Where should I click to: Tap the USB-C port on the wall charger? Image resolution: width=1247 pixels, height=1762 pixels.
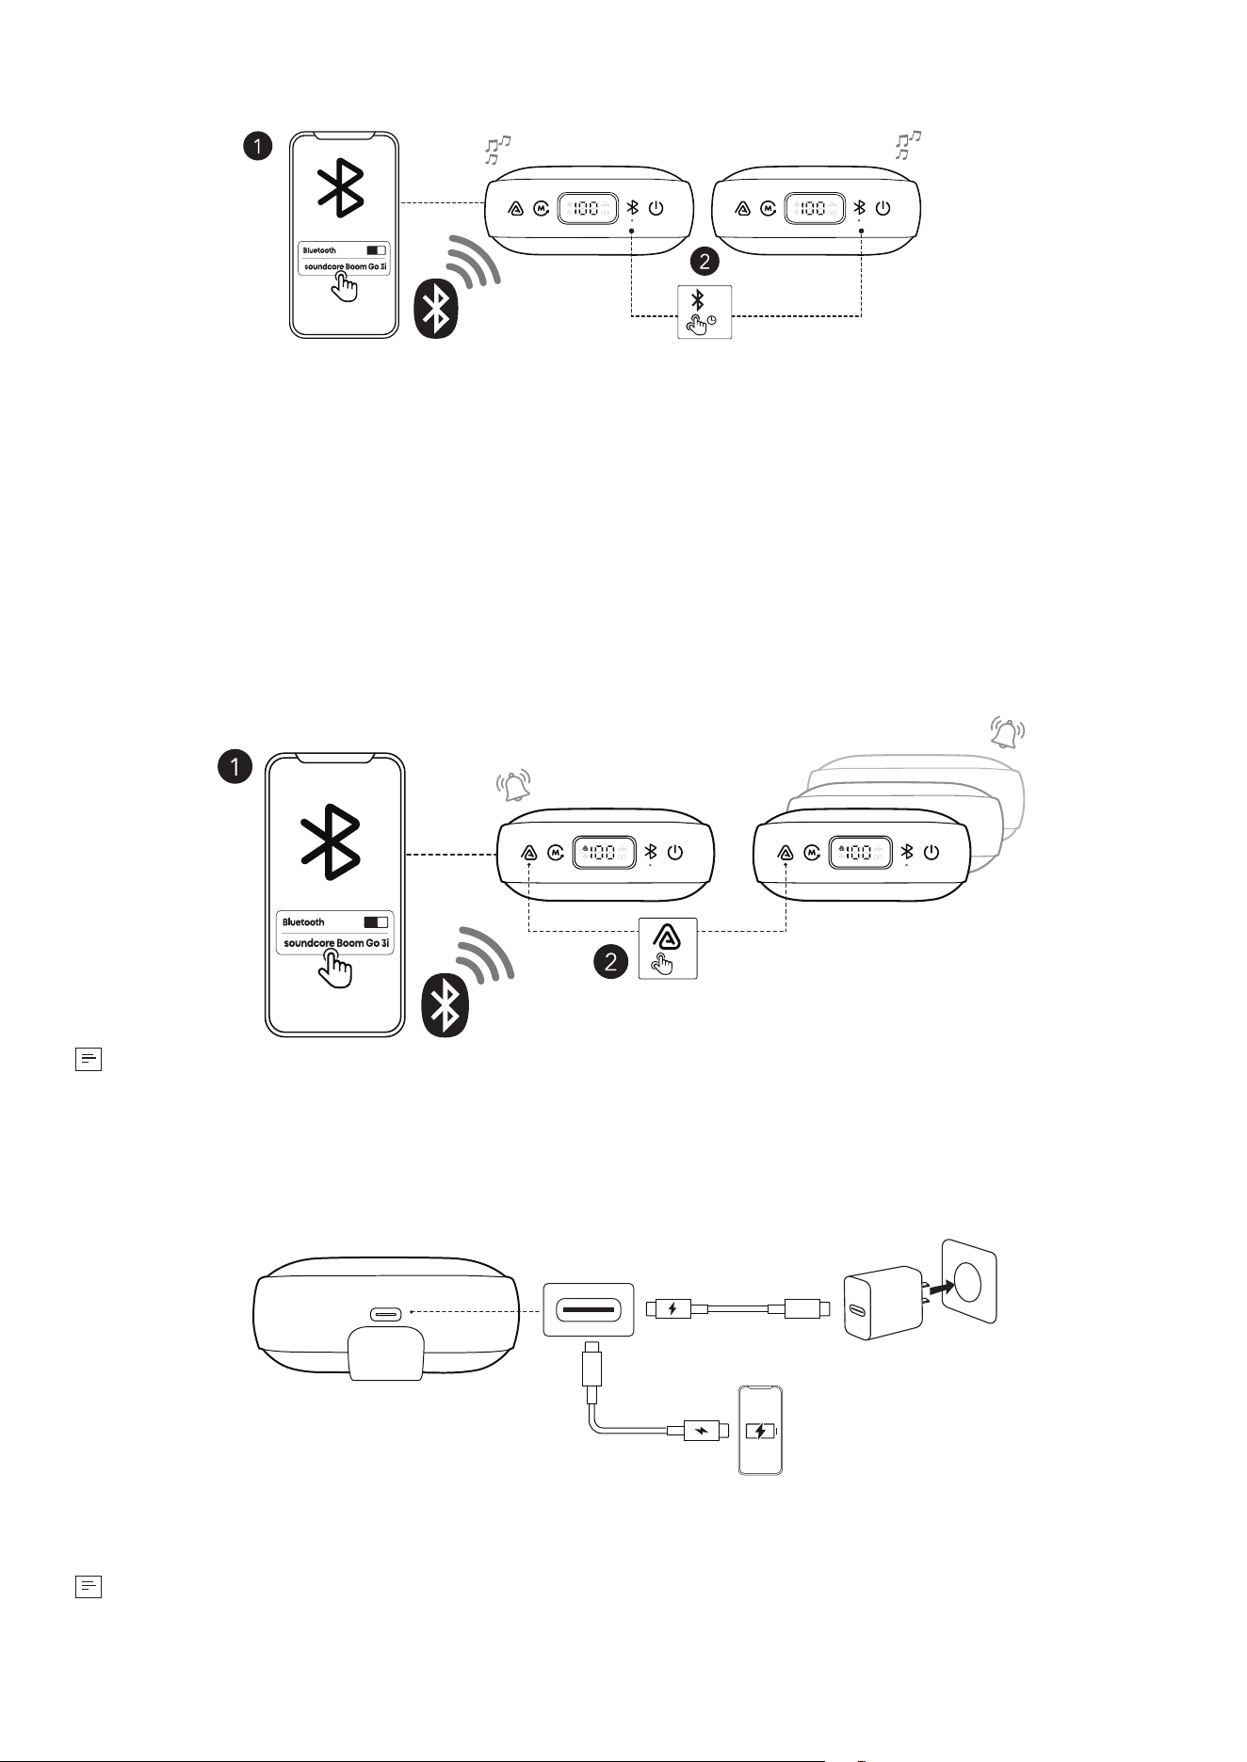(x=858, y=1310)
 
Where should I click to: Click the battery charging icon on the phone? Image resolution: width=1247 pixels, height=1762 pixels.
(x=760, y=1432)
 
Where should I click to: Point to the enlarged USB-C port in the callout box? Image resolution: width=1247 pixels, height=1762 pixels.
(x=588, y=1308)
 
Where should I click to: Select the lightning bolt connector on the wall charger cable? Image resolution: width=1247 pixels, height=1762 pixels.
(x=672, y=1308)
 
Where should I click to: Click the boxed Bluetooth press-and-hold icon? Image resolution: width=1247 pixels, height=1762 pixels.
(x=704, y=312)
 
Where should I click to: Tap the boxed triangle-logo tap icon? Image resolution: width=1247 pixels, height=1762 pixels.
(x=668, y=948)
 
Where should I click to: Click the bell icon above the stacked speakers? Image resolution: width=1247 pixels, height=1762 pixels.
(x=1007, y=732)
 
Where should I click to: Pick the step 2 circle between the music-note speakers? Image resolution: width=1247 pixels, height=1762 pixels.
(x=704, y=260)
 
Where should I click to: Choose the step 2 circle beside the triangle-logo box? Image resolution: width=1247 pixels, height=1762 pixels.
(x=610, y=962)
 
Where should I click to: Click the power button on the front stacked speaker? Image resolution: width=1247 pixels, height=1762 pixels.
(x=931, y=852)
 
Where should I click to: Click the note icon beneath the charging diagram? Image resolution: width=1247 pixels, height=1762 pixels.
(x=88, y=1586)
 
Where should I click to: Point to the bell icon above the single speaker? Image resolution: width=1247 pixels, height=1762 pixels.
(x=514, y=785)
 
